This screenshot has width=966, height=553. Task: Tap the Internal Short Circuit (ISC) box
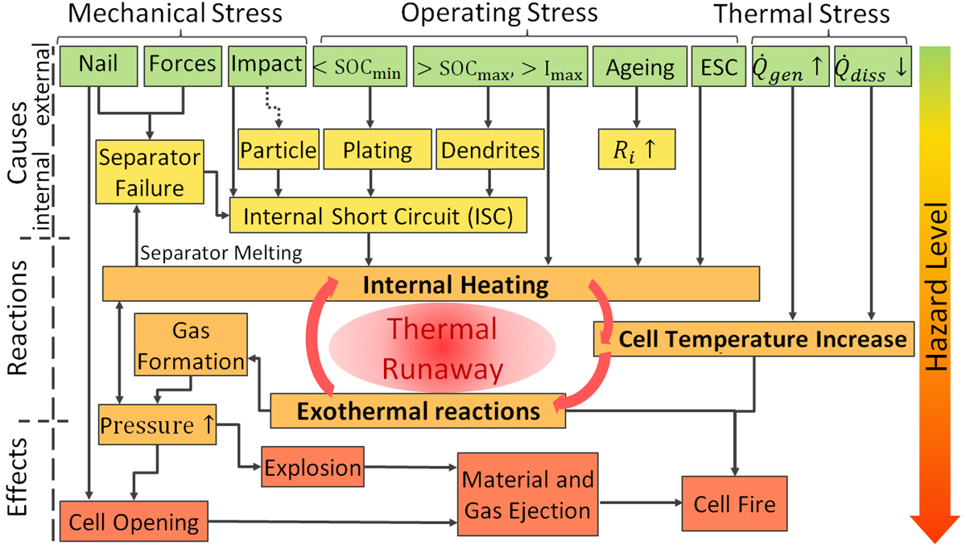click(378, 217)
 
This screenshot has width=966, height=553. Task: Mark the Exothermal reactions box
click(417, 411)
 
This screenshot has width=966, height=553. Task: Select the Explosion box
click(312, 468)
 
